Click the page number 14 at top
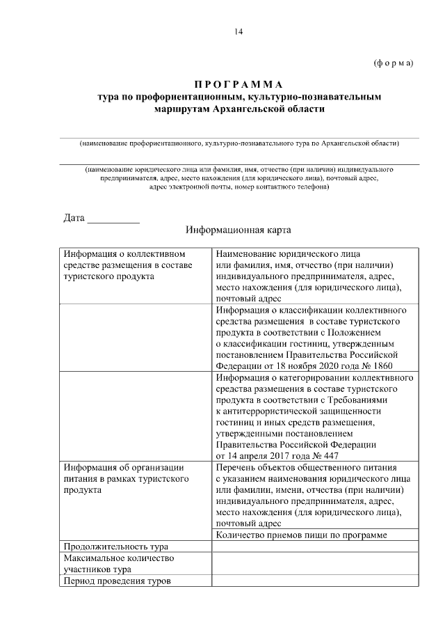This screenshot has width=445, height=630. (239, 31)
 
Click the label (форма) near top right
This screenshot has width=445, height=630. (394, 63)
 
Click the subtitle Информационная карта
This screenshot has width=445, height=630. (238, 229)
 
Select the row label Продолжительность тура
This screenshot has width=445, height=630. (115, 546)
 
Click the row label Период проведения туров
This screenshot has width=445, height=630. (116, 581)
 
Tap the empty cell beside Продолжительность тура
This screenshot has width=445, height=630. (315, 546)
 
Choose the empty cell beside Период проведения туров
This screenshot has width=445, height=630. (315, 581)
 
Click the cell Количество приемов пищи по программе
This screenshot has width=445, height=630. (301, 535)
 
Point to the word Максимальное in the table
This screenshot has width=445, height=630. (94, 558)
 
